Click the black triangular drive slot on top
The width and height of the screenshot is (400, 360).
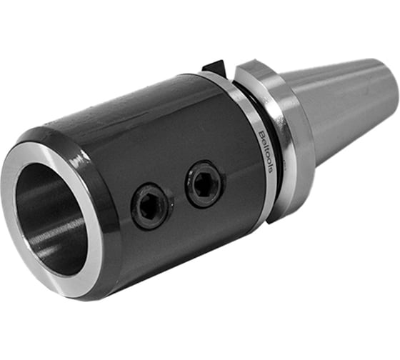[x=214, y=68]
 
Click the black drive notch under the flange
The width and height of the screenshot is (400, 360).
[x=270, y=221]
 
